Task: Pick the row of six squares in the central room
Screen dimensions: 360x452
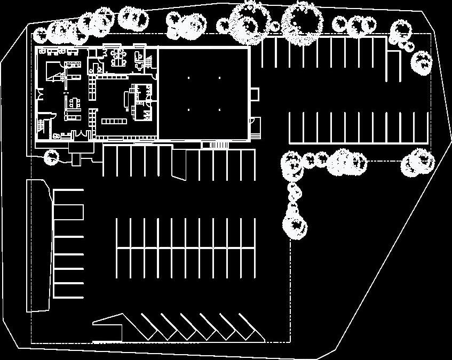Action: pyautogui.click(x=113, y=121)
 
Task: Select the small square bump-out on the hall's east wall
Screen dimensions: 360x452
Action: pyautogui.click(x=255, y=94)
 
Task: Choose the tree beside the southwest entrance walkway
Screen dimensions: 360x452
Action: pyautogui.click(x=51, y=157)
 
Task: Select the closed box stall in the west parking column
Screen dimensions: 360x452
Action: pyautogui.click(x=68, y=212)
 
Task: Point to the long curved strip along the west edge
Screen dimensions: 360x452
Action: pyautogui.click(x=39, y=245)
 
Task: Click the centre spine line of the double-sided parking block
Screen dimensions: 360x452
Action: pyautogui.click(x=186, y=248)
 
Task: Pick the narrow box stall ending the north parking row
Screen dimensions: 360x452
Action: pyautogui.click(x=394, y=66)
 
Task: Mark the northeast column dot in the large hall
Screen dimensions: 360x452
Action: pyautogui.click(x=219, y=78)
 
